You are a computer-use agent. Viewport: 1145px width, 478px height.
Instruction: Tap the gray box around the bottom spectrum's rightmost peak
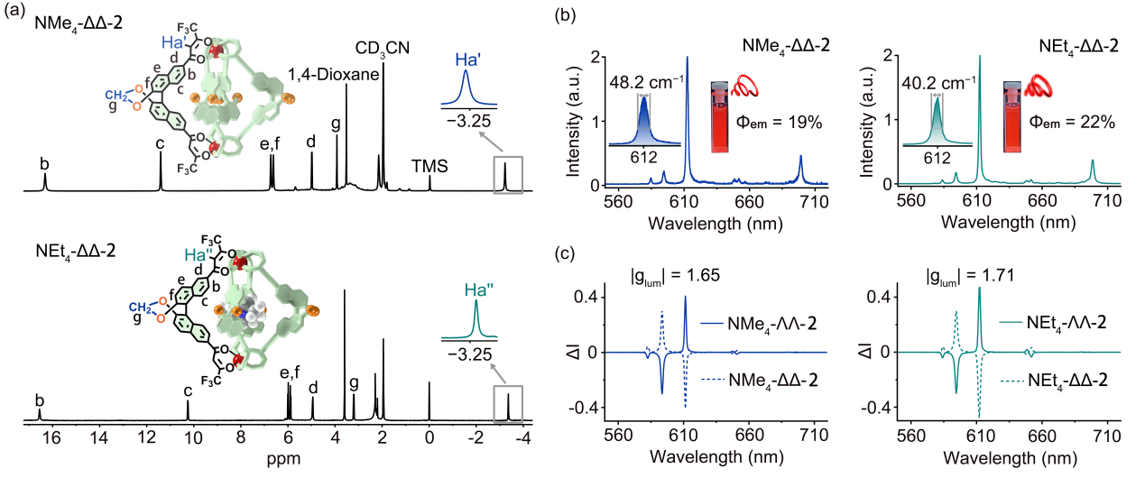(508, 404)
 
